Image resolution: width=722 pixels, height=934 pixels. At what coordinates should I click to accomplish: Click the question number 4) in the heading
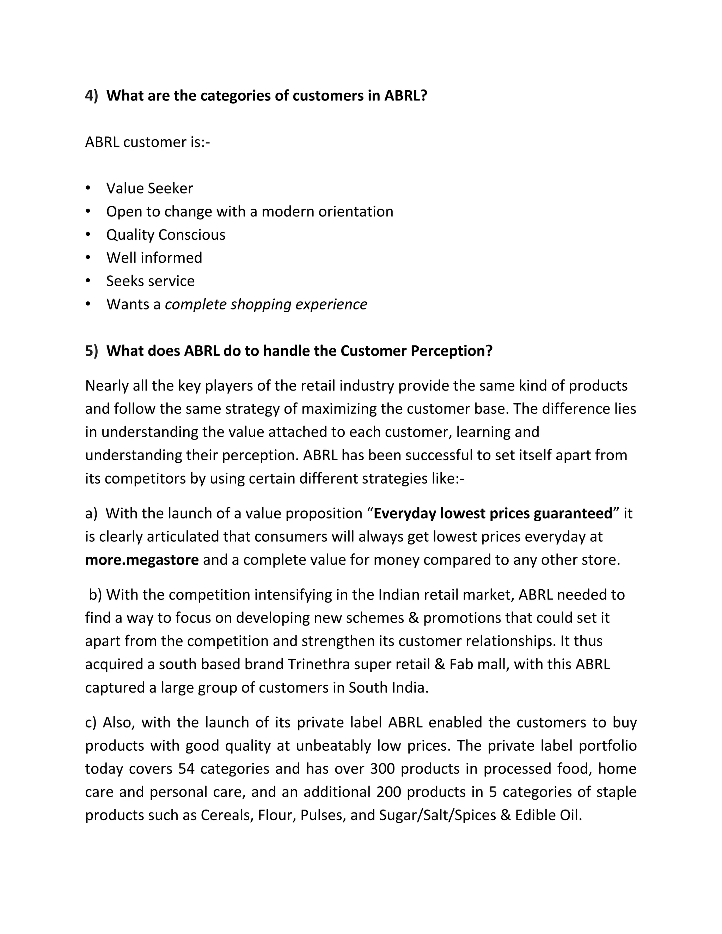tap(92, 96)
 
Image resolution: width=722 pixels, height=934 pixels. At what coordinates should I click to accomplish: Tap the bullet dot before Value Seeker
tap(88, 188)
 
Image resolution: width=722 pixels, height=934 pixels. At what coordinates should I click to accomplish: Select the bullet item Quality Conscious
tap(166, 234)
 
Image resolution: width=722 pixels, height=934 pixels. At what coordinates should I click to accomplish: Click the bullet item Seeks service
tap(150, 281)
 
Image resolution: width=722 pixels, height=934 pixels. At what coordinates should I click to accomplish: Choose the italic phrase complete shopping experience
tap(265, 304)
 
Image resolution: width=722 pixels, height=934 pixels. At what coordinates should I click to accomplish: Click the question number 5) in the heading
tap(92, 351)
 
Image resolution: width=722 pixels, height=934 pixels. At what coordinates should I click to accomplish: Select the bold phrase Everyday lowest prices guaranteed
tap(493, 513)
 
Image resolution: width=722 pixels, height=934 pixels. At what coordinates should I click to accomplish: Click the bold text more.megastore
tap(142, 559)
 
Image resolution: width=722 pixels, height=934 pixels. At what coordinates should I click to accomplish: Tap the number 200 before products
tap(389, 792)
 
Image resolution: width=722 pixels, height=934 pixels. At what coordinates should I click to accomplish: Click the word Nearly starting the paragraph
tap(106, 386)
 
